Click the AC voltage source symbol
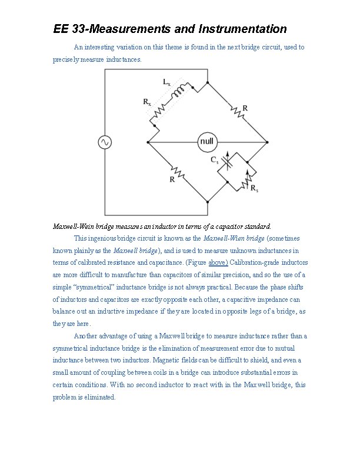[105, 142]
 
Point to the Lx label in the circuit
[167, 82]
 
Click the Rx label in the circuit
[147, 102]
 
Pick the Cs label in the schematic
[215, 159]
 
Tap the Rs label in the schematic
[254, 188]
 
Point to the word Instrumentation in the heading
[243, 29]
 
